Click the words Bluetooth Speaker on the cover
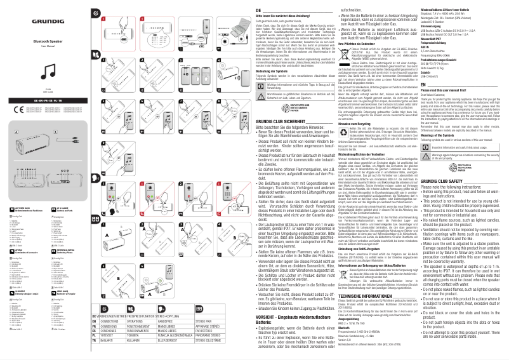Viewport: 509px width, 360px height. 30,39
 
